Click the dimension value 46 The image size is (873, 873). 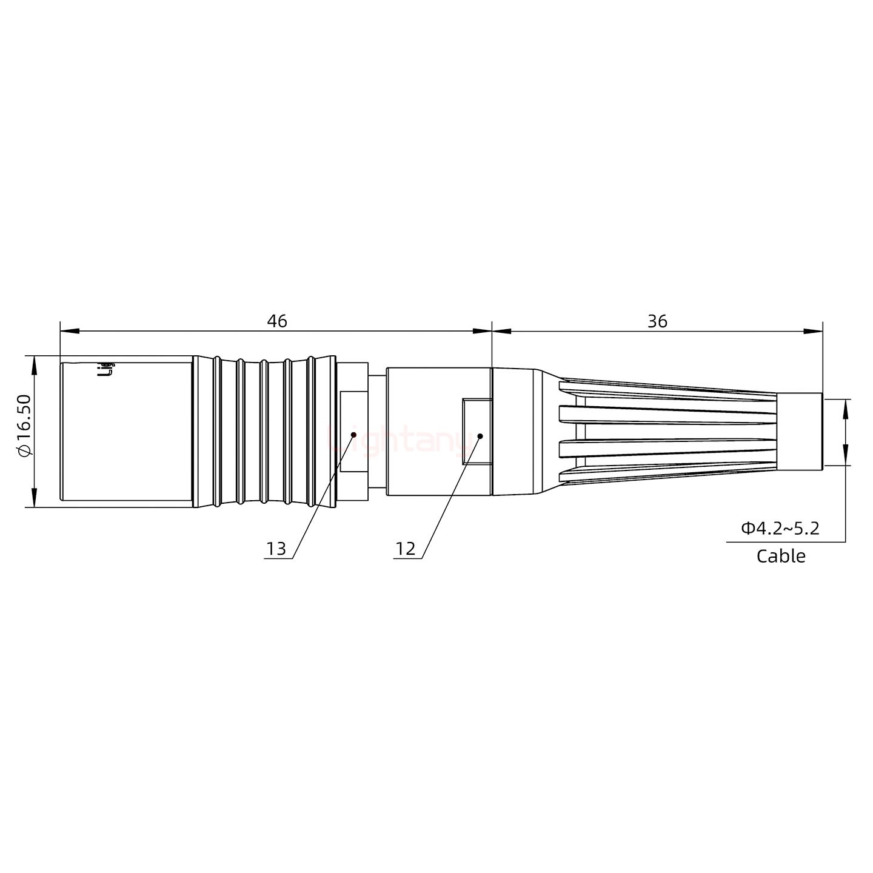click(x=277, y=321)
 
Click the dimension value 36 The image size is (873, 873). click(x=657, y=321)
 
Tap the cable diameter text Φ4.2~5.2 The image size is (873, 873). click(x=780, y=529)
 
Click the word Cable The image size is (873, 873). click(x=781, y=556)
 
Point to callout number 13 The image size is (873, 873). click(x=276, y=549)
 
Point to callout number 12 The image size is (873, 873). click(x=406, y=549)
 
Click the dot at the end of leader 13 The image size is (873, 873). click(x=353, y=434)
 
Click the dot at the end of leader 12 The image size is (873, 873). click(x=480, y=436)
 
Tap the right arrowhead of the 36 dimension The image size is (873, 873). click(x=814, y=331)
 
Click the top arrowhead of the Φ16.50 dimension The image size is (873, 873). click(x=34, y=364)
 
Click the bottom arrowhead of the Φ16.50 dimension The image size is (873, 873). click(x=34, y=498)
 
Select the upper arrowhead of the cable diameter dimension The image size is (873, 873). click(x=846, y=408)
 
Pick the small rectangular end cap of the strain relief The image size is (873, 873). click(x=800, y=432)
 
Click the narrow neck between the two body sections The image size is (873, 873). click(x=376, y=432)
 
